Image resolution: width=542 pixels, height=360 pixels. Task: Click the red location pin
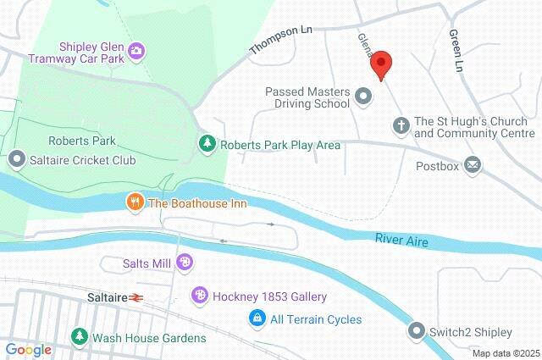click(x=381, y=64)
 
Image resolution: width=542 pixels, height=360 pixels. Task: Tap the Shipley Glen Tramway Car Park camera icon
click(x=135, y=53)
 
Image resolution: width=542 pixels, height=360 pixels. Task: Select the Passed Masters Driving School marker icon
click(x=364, y=97)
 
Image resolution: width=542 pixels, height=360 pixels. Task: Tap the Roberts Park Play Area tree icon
click(x=206, y=145)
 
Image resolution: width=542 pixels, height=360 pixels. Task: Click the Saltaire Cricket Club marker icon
click(x=16, y=158)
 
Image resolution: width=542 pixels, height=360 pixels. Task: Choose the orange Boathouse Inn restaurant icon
click(x=134, y=202)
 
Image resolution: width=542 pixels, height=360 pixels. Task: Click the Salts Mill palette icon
click(x=184, y=263)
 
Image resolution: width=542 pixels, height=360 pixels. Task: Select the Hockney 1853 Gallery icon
click(x=199, y=296)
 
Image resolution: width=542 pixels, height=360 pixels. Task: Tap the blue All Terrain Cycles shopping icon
click(x=255, y=319)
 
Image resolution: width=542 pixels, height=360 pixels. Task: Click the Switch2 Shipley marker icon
click(x=417, y=330)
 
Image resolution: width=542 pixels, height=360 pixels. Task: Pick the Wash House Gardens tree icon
click(x=79, y=338)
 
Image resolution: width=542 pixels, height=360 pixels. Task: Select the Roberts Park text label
click(x=82, y=141)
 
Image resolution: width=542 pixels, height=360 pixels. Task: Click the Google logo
click(x=28, y=350)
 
